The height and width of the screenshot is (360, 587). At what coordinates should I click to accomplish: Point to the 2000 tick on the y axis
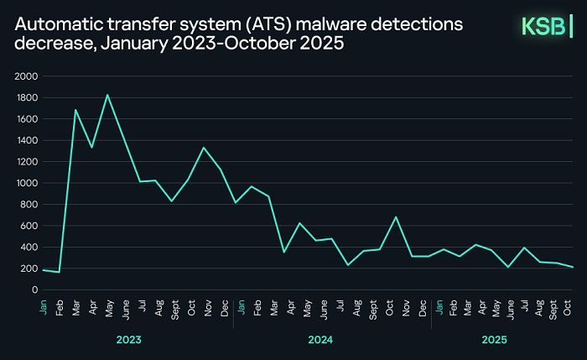pyautogui.click(x=28, y=76)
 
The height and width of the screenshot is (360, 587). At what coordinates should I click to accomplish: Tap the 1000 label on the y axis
pyautogui.click(x=28, y=183)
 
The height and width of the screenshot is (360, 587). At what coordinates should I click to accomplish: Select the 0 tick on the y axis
pyautogui.click(x=34, y=290)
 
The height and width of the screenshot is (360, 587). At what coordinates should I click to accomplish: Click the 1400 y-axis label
pyautogui.click(x=28, y=140)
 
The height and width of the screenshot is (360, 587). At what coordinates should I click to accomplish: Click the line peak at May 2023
pyautogui.click(x=107, y=95)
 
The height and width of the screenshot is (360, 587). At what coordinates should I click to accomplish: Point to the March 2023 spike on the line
pyautogui.click(x=75, y=110)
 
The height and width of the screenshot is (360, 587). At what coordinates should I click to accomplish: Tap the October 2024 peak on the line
pyautogui.click(x=396, y=217)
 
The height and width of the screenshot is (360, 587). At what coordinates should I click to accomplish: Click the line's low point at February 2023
pyautogui.click(x=59, y=272)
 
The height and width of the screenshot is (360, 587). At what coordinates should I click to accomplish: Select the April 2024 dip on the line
pyautogui.click(x=283, y=252)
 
